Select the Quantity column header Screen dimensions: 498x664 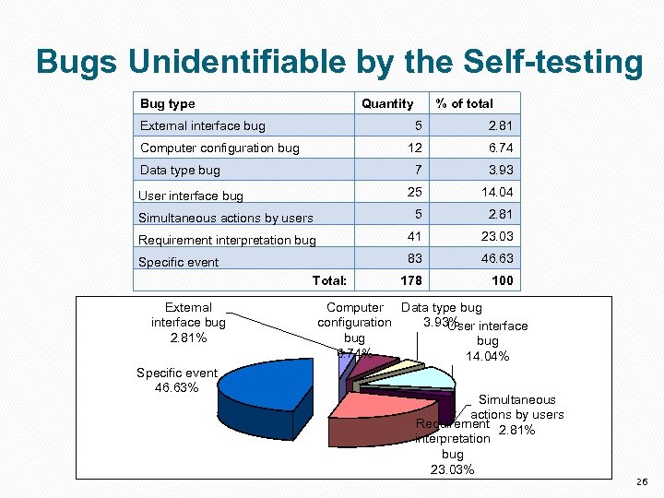(387, 103)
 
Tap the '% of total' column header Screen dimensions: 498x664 (465, 103)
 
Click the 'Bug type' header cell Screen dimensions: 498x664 (168, 103)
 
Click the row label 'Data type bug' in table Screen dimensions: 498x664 (180, 170)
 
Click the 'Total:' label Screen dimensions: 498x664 (329, 280)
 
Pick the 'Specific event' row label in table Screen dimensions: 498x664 (179, 262)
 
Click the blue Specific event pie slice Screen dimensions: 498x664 (263, 397)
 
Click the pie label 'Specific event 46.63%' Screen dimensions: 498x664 (176, 380)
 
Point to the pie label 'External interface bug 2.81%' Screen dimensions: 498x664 (188, 322)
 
